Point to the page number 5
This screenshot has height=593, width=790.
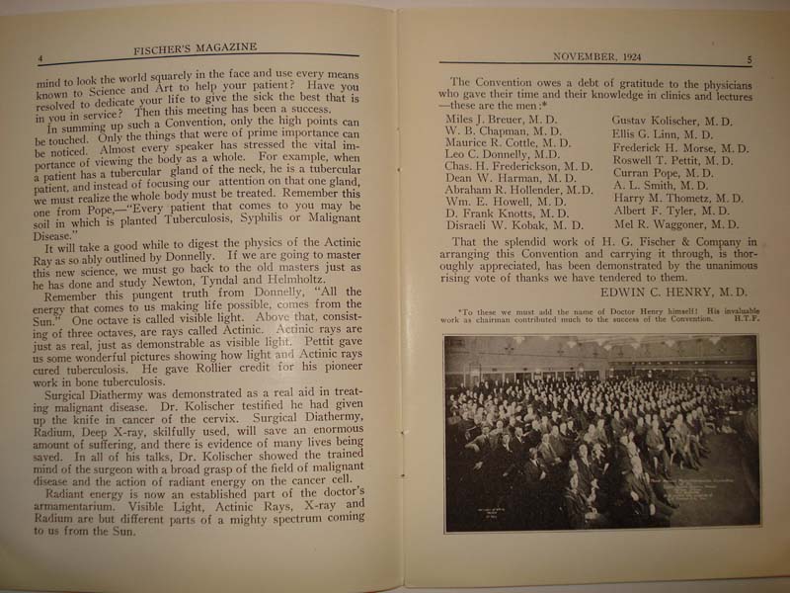[x=749, y=60]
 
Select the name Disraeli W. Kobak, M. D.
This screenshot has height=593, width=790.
[x=507, y=225]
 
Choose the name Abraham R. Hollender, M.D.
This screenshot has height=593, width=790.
[x=519, y=189]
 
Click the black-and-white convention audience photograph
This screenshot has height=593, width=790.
[x=600, y=432]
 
